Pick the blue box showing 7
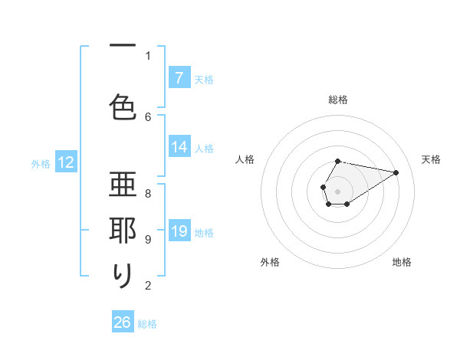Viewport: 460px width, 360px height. coord(179,77)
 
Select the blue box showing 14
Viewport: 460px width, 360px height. coord(179,147)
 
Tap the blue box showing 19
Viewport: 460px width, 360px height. coord(179,231)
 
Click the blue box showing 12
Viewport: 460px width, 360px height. coord(66,162)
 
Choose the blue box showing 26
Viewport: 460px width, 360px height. coord(123,322)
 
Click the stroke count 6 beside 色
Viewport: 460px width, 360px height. coord(148,116)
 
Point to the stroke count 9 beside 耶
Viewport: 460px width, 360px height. coord(148,240)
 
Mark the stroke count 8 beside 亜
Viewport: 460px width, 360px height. coord(148,193)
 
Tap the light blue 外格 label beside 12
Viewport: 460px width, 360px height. coord(41,163)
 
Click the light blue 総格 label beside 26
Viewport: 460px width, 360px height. coord(147,324)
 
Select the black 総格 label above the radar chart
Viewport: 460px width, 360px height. coord(338,100)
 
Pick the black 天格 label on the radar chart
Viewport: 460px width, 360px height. coord(432,159)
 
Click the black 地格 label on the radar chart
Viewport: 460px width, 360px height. coord(402,262)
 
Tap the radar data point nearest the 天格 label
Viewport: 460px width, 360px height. coord(396,172)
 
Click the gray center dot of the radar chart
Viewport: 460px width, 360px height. coord(338,190)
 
